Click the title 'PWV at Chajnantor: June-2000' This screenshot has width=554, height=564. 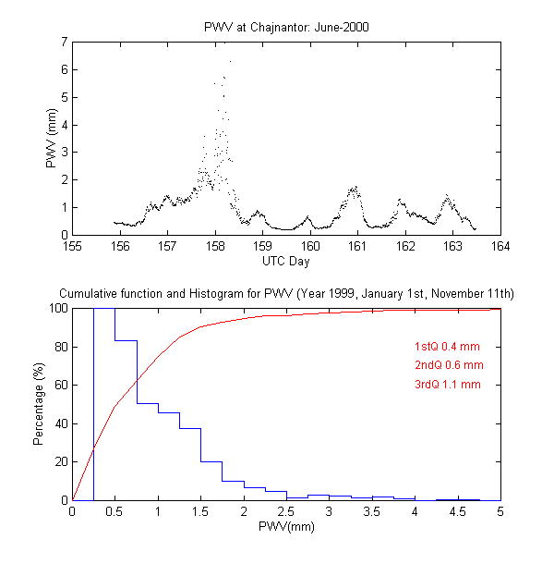(x=286, y=27)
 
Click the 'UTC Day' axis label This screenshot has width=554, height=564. (x=286, y=261)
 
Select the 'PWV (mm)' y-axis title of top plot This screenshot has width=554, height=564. (x=53, y=138)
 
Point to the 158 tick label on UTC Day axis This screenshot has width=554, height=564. (x=215, y=246)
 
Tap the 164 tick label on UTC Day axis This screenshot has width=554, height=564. (x=500, y=246)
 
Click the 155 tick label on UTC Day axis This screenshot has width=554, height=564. (x=73, y=246)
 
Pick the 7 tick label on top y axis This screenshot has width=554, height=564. (x=64, y=42)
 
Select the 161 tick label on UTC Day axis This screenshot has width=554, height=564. (x=358, y=246)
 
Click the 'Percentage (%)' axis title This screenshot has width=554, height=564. (x=39, y=404)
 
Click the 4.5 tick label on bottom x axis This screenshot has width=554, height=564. (x=458, y=511)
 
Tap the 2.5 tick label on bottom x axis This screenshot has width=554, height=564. (x=286, y=511)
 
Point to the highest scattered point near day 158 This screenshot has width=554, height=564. (x=230, y=61)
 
